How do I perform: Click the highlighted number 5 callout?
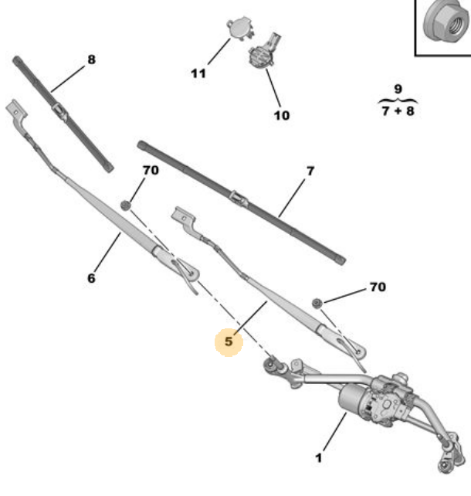[229, 341]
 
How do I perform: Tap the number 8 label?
[91, 59]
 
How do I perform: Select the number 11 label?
[198, 73]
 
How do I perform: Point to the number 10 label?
[282, 115]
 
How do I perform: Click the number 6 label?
[91, 278]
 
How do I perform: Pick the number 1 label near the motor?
[319, 457]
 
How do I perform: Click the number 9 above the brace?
[398, 89]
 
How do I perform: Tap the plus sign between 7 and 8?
[398, 111]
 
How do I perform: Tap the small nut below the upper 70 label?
[126, 205]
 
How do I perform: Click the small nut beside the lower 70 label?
[317, 303]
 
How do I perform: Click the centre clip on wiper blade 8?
[59, 110]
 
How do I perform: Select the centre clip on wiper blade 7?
[238, 198]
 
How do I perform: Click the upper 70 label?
[151, 171]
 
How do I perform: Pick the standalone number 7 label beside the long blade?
[310, 172]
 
